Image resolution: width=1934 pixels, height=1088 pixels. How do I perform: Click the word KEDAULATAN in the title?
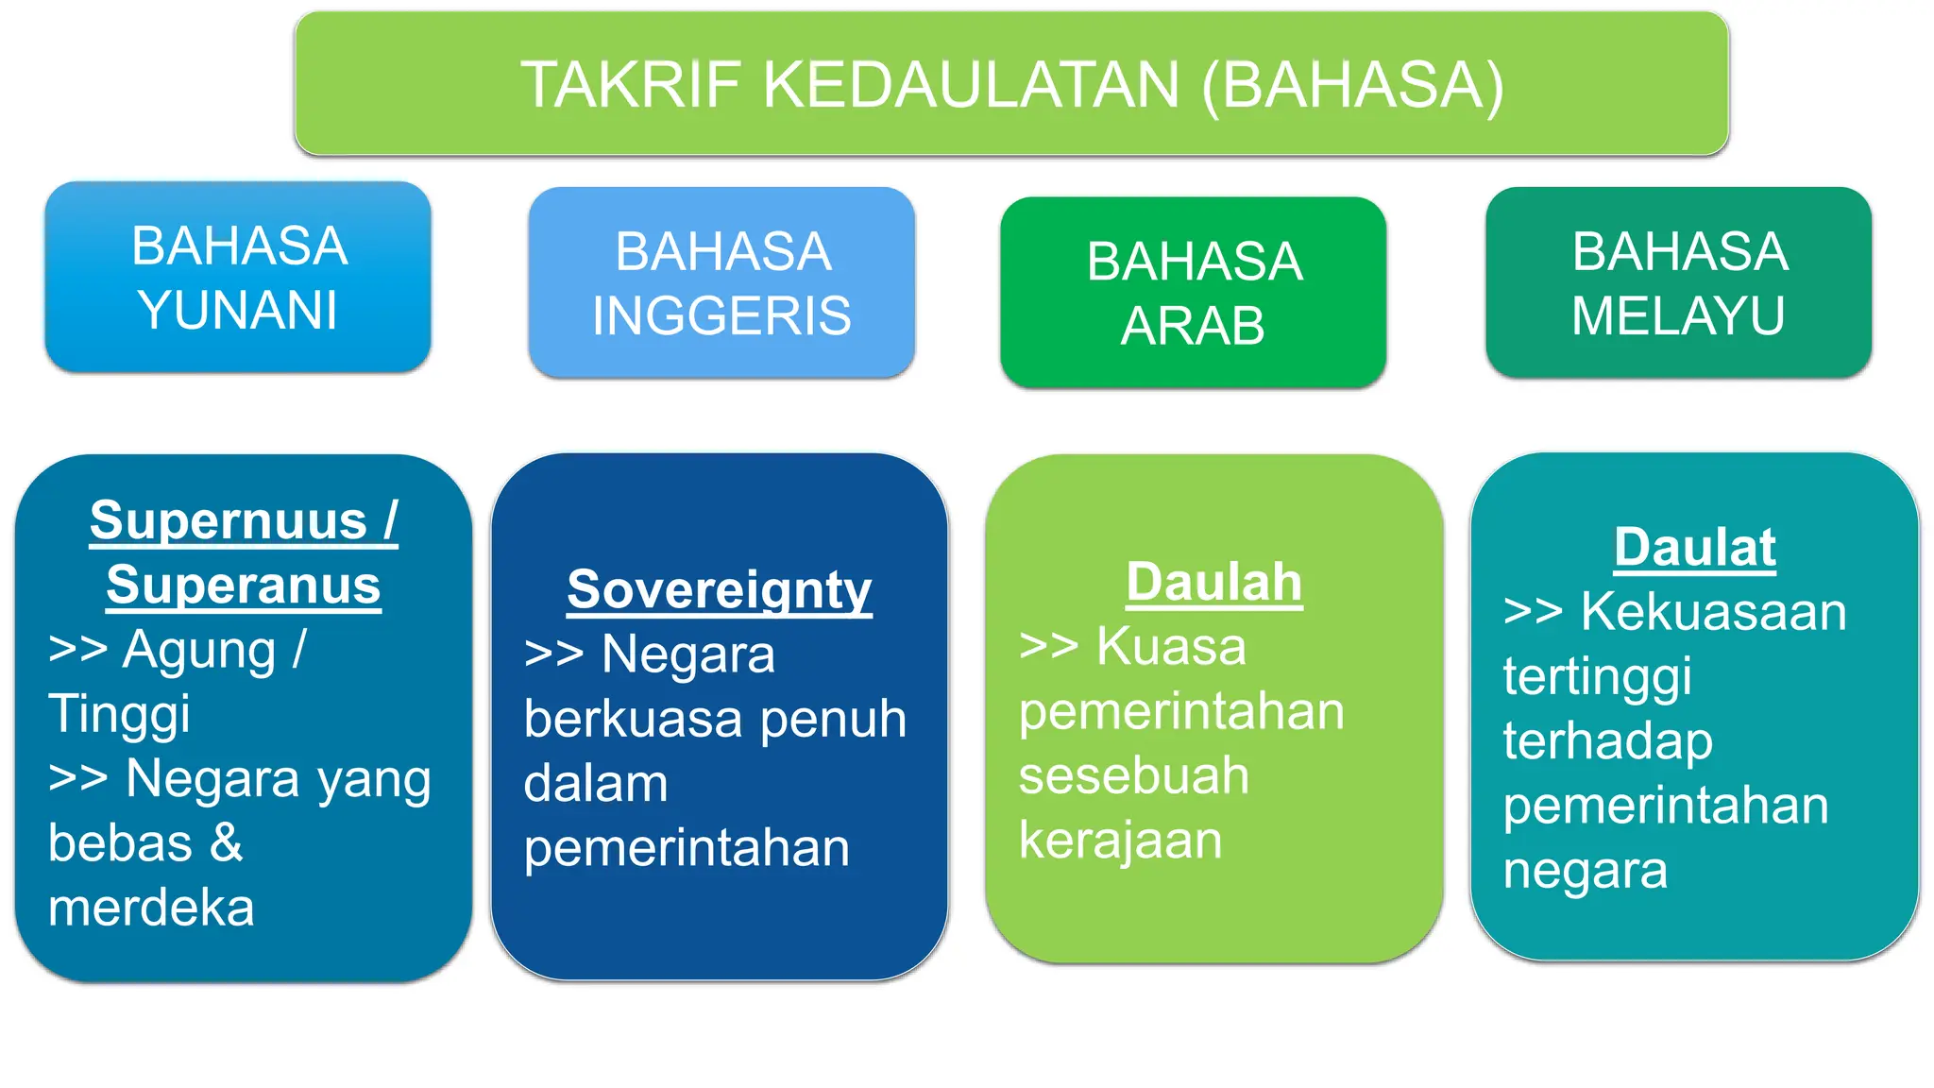pos(971,85)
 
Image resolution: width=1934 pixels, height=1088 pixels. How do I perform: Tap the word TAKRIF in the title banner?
pos(632,85)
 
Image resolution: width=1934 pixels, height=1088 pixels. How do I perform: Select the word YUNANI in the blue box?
pos(238,310)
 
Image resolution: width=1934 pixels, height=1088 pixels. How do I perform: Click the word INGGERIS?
pos(721,315)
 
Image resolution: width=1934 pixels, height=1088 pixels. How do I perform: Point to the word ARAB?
pos(1193,326)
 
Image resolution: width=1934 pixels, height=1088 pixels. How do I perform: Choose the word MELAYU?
pos(1678,315)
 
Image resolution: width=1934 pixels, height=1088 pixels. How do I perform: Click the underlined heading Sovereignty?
pos(720,590)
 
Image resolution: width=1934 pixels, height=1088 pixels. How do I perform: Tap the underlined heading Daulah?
pos(1214,582)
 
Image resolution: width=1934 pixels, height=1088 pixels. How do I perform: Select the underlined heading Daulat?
pos(1695,547)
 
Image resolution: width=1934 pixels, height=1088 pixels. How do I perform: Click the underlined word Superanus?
pos(244,586)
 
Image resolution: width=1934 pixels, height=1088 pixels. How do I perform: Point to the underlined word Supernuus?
pos(229,520)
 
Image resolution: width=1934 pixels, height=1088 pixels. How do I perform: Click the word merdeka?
pos(151,909)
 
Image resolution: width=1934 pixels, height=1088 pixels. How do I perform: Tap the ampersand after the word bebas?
pos(227,843)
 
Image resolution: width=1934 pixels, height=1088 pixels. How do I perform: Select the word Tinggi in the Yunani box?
pos(119,715)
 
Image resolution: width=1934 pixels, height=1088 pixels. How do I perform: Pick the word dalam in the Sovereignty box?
pos(596,784)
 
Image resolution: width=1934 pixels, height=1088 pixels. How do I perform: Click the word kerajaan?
pos(1120,841)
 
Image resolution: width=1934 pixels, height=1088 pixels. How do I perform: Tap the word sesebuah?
pos(1133,776)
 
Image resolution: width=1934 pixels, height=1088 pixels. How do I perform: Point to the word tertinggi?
pos(1597,678)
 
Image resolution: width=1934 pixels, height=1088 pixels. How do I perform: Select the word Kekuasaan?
pos(1713,612)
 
